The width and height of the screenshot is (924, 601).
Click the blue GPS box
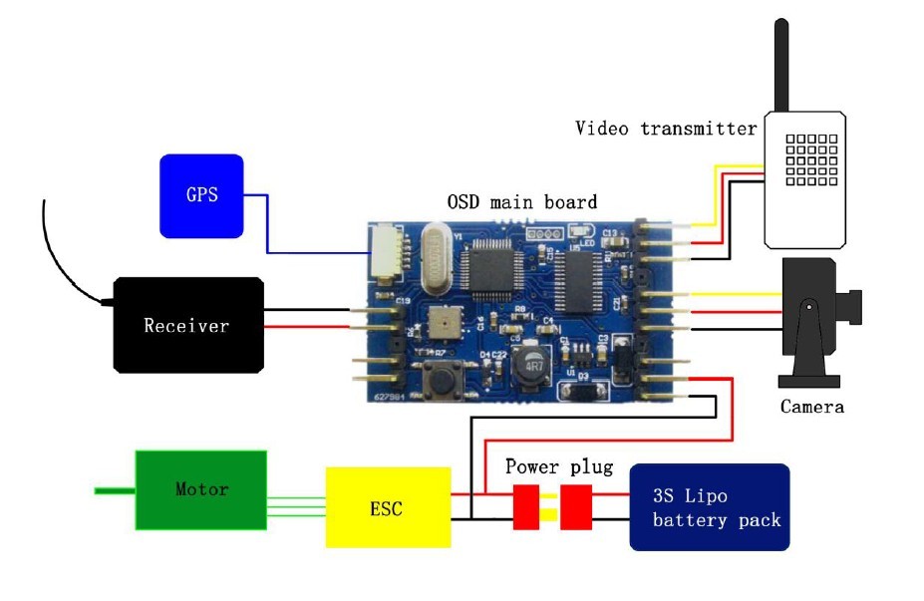(x=201, y=195)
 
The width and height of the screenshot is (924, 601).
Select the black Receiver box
(x=187, y=325)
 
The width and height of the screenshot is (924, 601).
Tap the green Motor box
(x=200, y=489)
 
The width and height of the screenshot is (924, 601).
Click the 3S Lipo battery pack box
(x=709, y=507)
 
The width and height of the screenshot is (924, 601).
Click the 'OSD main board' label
(x=521, y=202)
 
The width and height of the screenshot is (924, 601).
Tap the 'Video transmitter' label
(x=666, y=129)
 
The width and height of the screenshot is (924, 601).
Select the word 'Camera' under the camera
(x=811, y=407)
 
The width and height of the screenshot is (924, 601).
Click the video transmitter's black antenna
(x=781, y=65)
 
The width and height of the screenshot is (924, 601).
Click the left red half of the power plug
(x=526, y=506)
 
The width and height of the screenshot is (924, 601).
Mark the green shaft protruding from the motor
(x=115, y=489)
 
